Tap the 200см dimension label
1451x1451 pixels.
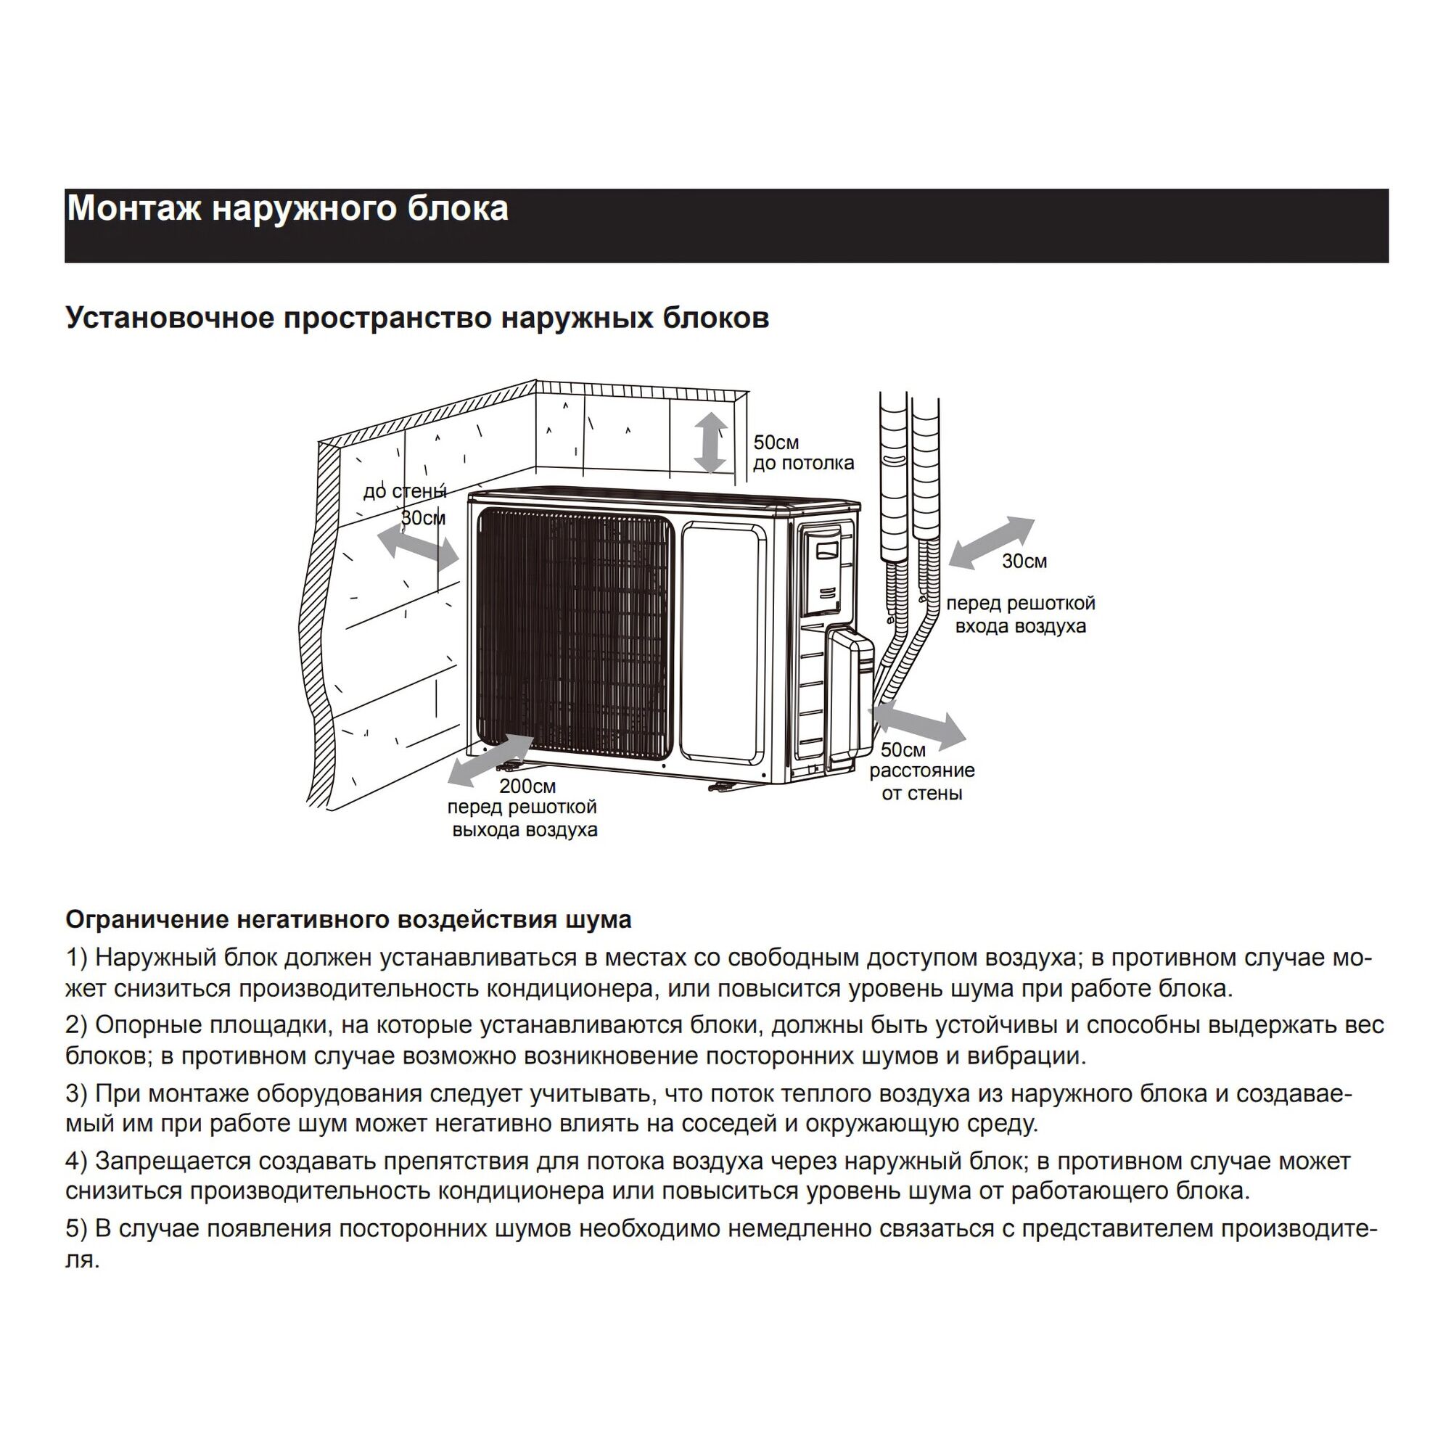(527, 786)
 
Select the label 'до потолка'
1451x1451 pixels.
(803, 463)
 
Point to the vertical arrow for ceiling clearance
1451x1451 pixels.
(710, 443)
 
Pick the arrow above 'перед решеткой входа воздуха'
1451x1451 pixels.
(990, 542)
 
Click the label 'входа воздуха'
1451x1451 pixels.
(1020, 625)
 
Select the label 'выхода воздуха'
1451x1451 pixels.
(525, 830)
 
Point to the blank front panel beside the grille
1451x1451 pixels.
(723, 642)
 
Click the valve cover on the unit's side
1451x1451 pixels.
(850, 699)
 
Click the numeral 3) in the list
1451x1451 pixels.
(77, 1093)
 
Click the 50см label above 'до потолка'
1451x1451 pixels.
(776, 443)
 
